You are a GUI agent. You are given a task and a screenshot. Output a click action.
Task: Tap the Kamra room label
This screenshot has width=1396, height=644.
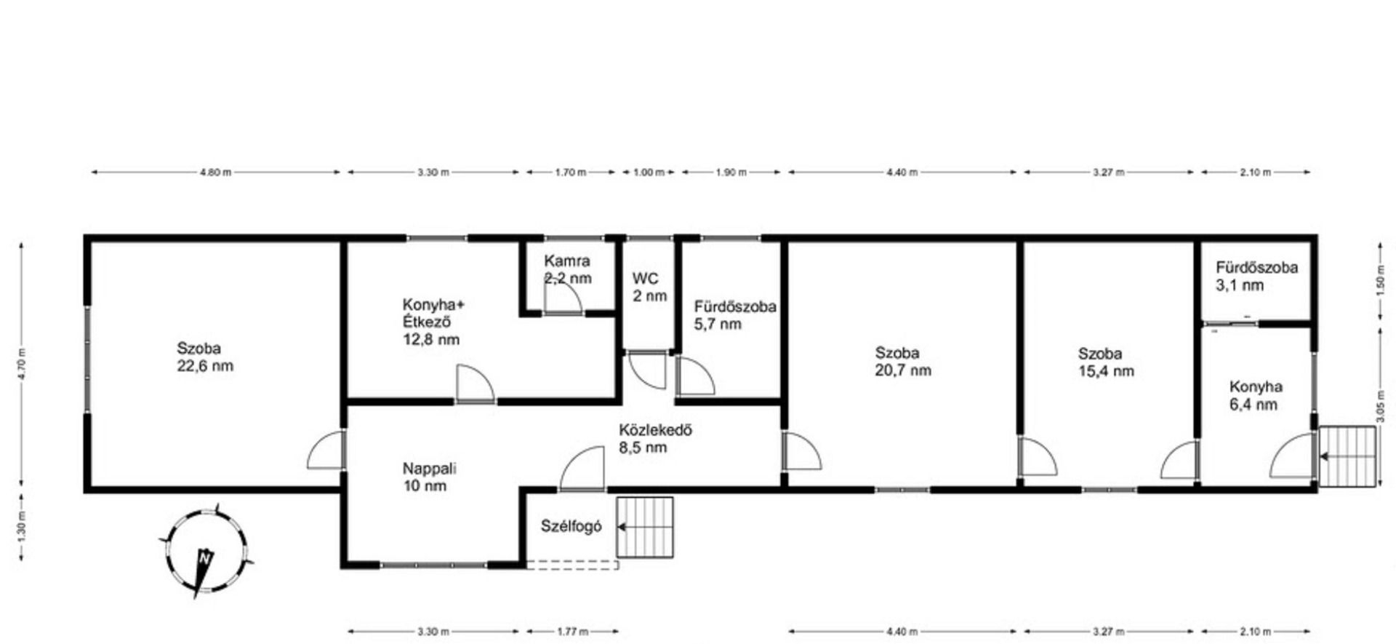(x=567, y=269)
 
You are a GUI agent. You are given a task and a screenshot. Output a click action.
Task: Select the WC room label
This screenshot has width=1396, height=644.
(x=649, y=287)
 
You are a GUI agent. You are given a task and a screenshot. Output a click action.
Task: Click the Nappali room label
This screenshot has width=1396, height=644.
(x=429, y=477)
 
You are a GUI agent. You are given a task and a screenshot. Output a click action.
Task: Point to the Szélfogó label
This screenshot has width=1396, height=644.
(x=571, y=526)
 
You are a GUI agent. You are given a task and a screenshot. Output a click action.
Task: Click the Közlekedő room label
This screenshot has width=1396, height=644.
(x=655, y=439)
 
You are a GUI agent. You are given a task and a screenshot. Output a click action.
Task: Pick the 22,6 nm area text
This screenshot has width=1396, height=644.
(x=205, y=366)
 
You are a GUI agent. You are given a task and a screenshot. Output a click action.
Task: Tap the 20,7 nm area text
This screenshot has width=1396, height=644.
(x=903, y=370)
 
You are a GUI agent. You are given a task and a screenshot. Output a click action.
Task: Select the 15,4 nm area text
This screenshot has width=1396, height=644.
(x=1106, y=371)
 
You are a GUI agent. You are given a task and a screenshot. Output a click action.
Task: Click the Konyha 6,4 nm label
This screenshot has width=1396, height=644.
(x=1256, y=396)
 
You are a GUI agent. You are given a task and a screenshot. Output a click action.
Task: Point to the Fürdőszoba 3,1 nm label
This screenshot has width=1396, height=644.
(x=1256, y=277)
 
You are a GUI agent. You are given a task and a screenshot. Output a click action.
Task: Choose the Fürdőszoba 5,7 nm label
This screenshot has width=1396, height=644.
(x=734, y=316)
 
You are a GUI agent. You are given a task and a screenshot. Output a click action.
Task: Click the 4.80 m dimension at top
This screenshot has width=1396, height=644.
(x=215, y=172)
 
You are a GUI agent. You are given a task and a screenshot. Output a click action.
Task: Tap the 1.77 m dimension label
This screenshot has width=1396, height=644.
(x=572, y=632)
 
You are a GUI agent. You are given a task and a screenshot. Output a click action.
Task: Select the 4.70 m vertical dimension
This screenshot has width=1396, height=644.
(x=22, y=365)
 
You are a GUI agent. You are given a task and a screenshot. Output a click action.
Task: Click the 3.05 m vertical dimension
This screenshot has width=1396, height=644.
(x=1381, y=406)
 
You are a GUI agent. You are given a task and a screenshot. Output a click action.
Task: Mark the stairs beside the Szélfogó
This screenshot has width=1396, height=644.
(x=645, y=528)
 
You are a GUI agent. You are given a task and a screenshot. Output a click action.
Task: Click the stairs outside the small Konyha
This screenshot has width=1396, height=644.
(x=1348, y=456)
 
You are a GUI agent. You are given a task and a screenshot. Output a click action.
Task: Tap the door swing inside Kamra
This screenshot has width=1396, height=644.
(x=563, y=298)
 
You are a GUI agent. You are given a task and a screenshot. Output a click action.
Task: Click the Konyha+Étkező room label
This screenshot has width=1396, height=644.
(x=433, y=322)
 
